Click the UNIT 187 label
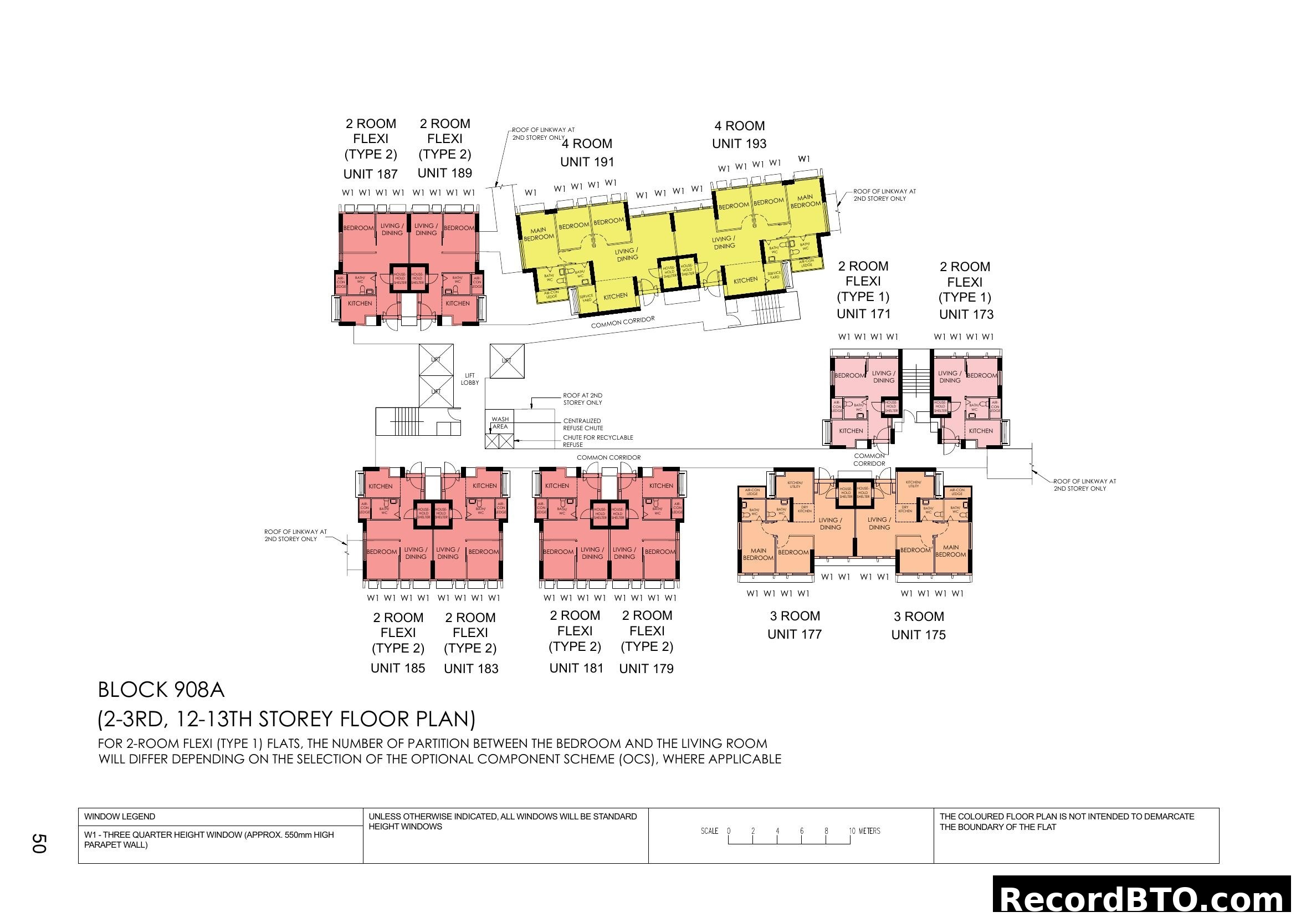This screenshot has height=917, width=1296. [x=370, y=174]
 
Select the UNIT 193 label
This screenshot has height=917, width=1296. [x=739, y=144]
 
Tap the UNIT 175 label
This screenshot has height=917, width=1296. [x=918, y=635]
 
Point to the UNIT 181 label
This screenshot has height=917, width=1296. [x=576, y=668]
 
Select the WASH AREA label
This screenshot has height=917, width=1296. [x=500, y=423]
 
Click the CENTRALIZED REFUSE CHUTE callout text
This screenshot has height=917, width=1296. [x=582, y=425]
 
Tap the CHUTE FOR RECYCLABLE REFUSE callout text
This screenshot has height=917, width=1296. [x=597, y=441]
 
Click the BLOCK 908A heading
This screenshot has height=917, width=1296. [x=161, y=690]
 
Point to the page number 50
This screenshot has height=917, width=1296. [x=38, y=844]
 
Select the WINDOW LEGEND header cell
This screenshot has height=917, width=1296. [x=120, y=817]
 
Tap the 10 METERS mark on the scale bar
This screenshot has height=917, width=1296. [x=864, y=831]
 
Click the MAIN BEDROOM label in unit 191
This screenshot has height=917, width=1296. [x=539, y=234]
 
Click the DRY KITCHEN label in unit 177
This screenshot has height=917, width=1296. [x=805, y=509]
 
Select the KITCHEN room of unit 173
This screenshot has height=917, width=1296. [x=981, y=431]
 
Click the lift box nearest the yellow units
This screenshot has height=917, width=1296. [x=506, y=361]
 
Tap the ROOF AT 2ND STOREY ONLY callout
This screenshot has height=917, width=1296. [x=582, y=399]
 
